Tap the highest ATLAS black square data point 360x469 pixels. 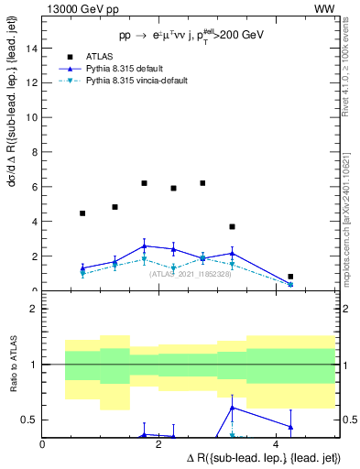tap(144, 183)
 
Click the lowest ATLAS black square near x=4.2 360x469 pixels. tap(290, 277)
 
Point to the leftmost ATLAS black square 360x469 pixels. tap(82, 213)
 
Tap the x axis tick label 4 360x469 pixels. tap(276, 444)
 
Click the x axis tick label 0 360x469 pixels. tap(43, 444)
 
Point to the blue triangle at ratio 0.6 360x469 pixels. tap(232, 408)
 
